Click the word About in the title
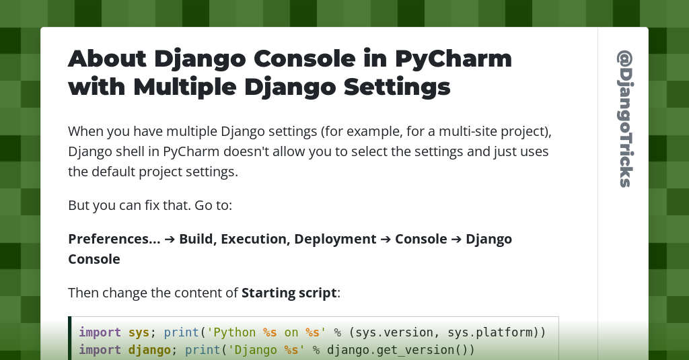pyautogui.click(x=106, y=59)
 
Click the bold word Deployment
pyautogui.click(x=335, y=239)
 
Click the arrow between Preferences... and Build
pyautogui.click(x=170, y=239)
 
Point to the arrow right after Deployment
pyautogui.click(x=386, y=239)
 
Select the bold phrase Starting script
pyautogui.click(x=289, y=293)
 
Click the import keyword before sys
pyautogui.click(x=100, y=332)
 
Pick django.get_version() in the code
pyautogui.click(x=401, y=350)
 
